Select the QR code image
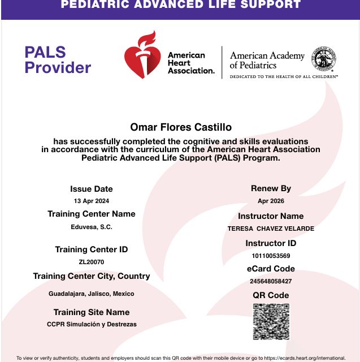pyautogui.click(x=271, y=322)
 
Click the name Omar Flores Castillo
pyautogui.click(x=181, y=127)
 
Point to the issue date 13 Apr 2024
pyautogui.click(x=92, y=201)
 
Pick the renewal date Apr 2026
pyautogui.click(x=271, y=201)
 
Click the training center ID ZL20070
pyautogui.click(x=92, y=262)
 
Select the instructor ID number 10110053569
pyautogui.click(x=271, y=256)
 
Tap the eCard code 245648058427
pyautogui.click(x=271, y=281)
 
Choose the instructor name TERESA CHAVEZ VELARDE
pyautogui.click(x=271, y=229)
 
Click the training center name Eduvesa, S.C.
pyautogui.click(x=92, y=227)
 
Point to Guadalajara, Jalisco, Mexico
pyautogui.click(x=92, y=294)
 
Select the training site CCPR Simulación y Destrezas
pyautogui.click(x=92, y=324)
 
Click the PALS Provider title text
pyautogui.click(x=57, y=60)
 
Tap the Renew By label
pyautogui.click(x=271, y=188)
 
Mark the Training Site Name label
pyautogui.click(x=92, y=312)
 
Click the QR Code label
pyautogui.click(x=271, y=295)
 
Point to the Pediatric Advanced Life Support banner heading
pyautogui.click(x=180, y=5)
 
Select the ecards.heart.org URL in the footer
pyautogui.click(x=305, y=358)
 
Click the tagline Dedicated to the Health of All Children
pyautogui.click(x=283, y=76)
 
